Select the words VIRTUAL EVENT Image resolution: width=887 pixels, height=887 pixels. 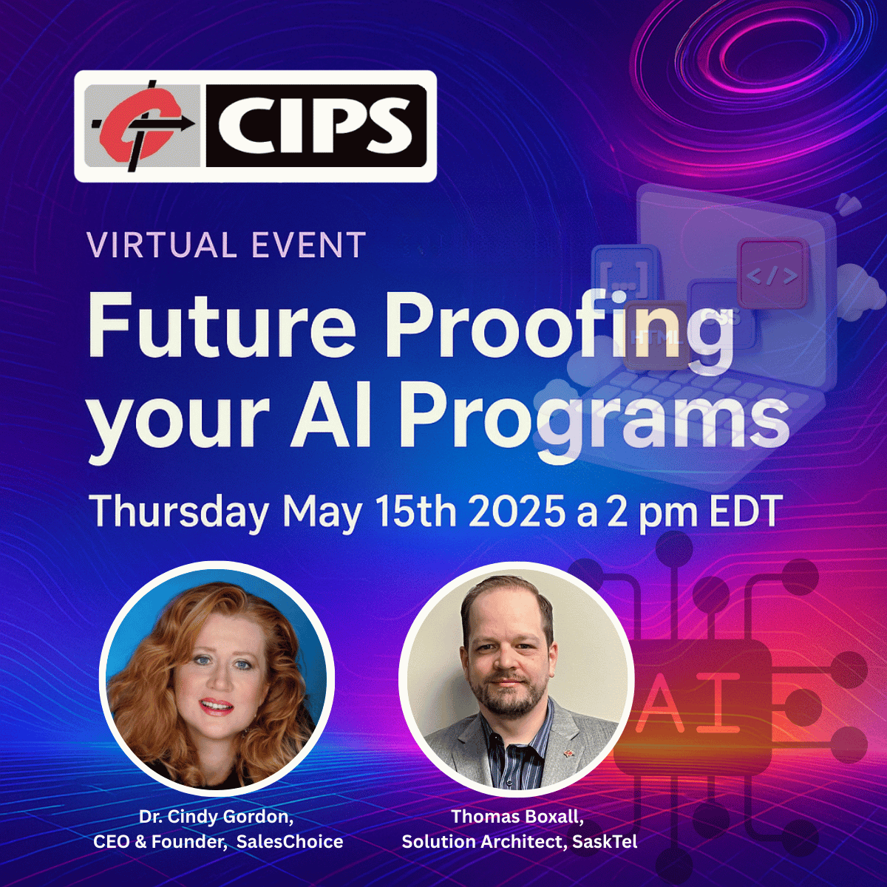[x=226, y=245]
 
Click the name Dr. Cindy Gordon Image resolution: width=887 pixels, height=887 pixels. [x=217, y=817]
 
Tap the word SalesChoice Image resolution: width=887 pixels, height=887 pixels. [x=290, y=841]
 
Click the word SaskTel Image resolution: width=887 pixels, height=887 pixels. [x=605, y=841]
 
